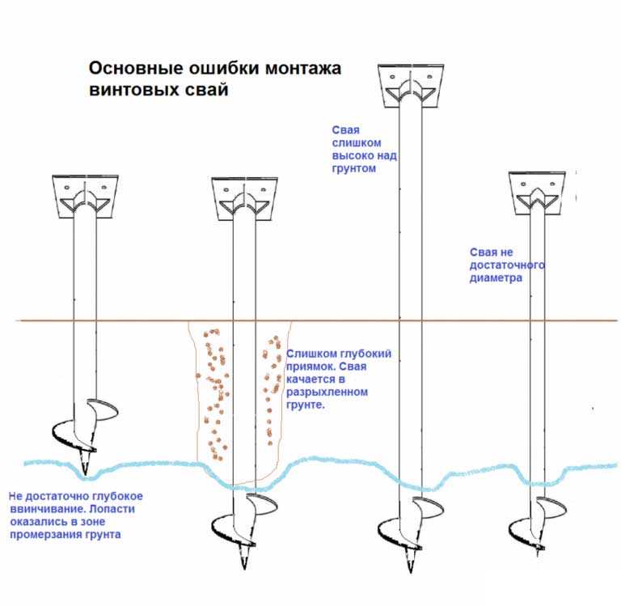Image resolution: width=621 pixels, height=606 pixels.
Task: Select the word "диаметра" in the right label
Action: point(496,278)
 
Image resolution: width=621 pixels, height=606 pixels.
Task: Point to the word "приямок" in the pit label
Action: point(310,367)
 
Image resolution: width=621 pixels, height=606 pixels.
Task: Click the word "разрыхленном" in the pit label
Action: point(327,392)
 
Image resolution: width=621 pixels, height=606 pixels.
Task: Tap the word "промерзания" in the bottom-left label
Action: point(45,534)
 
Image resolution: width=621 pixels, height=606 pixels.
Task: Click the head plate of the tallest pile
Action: point(411,86)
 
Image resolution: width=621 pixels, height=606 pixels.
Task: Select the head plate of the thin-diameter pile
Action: point(537,193)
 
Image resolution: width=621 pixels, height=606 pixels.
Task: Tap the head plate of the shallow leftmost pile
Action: point(85,196)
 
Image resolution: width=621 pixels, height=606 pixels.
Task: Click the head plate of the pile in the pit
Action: point(244,199)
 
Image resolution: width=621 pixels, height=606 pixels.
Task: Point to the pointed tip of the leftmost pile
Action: point(85,473)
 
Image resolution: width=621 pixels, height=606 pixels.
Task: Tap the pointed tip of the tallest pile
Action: point(410,571)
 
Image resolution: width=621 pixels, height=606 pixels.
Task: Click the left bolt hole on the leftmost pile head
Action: point(67,187)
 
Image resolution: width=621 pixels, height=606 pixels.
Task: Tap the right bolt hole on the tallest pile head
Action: point(429,77)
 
